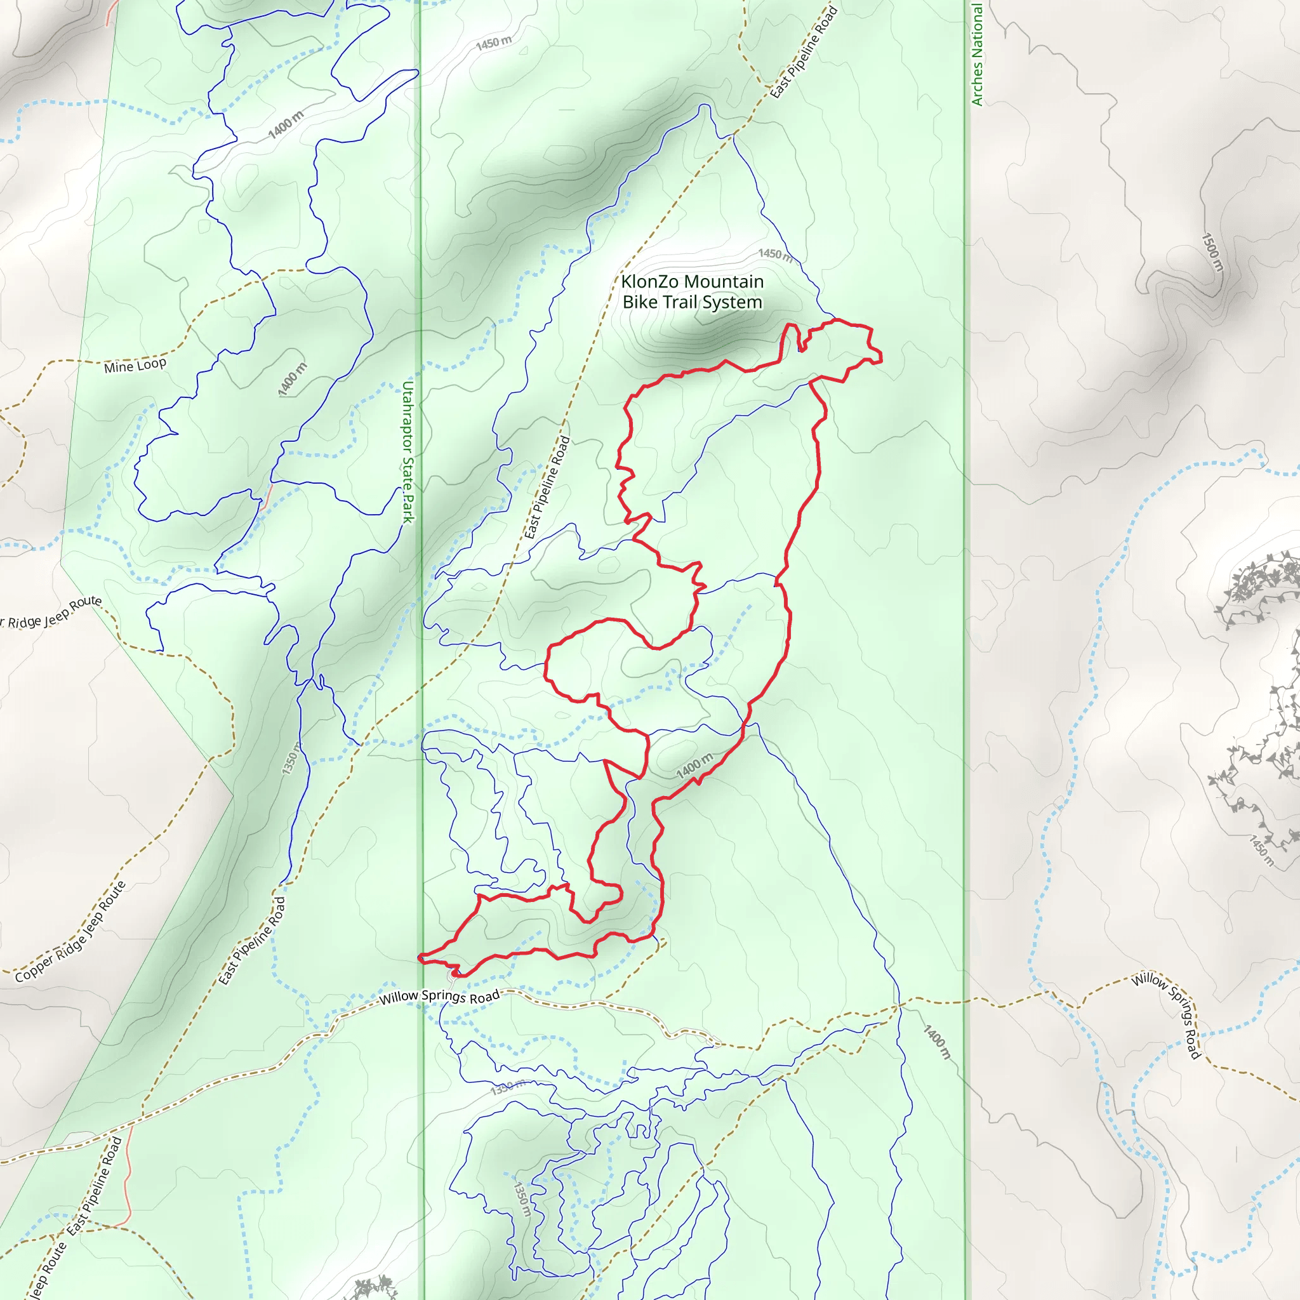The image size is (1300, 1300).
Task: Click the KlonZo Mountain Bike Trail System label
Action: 692,291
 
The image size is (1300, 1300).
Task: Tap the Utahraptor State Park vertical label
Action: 408,451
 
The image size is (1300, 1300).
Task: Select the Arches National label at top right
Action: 976,54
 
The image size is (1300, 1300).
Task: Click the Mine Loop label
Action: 135,366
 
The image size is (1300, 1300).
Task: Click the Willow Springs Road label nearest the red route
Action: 439,997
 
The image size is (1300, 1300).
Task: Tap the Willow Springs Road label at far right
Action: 1166,1015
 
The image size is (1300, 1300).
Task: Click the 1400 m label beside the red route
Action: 694,766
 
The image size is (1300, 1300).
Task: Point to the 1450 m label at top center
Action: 493,43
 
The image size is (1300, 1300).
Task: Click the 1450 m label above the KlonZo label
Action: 775,254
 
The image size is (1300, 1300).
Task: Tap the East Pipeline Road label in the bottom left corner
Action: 94,1186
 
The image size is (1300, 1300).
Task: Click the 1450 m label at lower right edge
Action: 1262,851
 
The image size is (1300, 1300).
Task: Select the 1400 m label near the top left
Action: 286,124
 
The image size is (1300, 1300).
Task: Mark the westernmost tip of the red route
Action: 419,957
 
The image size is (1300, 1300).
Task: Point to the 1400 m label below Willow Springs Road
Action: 937,1042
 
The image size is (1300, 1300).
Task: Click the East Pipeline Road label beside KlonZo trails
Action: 547,488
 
